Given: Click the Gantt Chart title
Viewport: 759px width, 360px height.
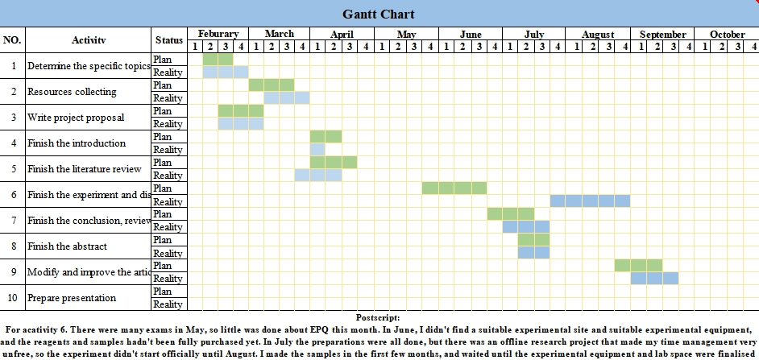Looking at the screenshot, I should [x=379, y=14].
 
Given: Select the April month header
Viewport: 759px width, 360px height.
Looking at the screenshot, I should [x=342, y=34].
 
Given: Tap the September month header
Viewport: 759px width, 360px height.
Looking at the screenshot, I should [x=662, y=34].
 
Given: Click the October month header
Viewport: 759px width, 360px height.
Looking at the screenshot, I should [x=727, y=34].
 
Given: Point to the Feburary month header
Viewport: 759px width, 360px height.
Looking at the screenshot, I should [x=218, y=34].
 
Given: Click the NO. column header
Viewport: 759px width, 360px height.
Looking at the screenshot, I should [x=12, y=39].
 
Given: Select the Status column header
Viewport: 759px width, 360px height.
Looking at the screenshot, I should [x=168, y=39].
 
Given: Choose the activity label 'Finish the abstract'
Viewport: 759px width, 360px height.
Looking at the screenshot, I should [x=67, y=246].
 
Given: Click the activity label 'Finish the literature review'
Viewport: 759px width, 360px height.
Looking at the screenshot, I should [x=84, y=169].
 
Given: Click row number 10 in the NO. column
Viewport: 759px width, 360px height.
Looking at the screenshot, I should [x=13, y=298].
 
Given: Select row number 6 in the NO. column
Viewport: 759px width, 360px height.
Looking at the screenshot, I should [x=13, y=195].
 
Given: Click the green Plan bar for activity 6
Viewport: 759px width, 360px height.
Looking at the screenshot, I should [x=454, y=188].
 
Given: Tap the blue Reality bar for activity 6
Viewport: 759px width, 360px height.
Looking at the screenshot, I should [x=590, y=201].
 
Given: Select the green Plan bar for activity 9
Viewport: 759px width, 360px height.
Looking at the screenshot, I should [x=638, y=266].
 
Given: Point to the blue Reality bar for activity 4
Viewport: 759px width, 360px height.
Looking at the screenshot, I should [x=317, y=150].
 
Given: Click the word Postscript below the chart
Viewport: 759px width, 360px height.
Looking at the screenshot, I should [x=378, y=318].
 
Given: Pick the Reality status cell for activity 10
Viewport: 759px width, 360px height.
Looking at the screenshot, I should [x=168, y=304].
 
